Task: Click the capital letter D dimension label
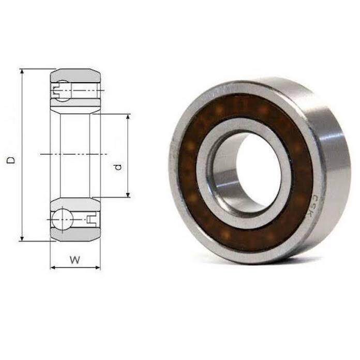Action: tap(11, 161)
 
